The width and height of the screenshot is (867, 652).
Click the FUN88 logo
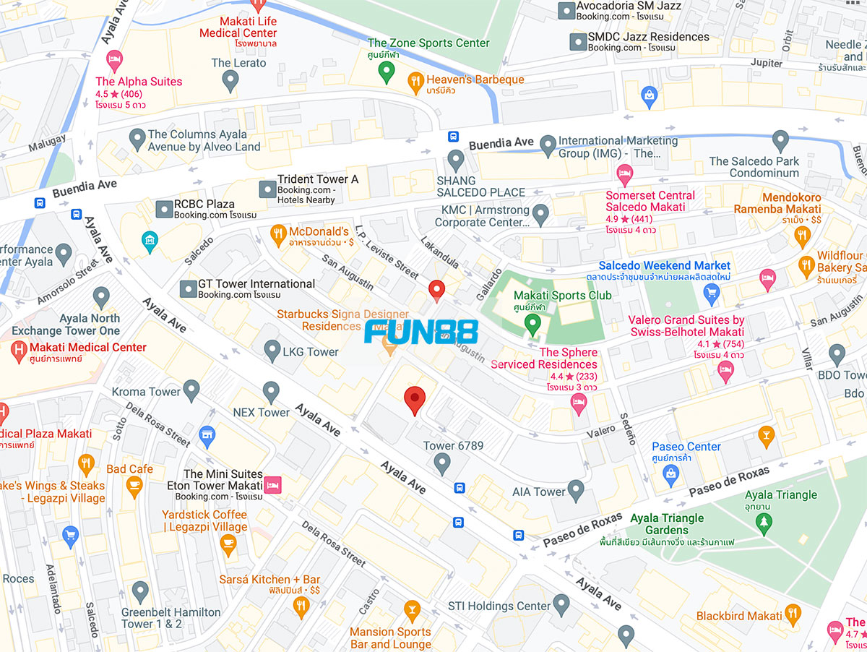coord(420,332)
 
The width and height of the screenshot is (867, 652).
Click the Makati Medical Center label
coord(88,347)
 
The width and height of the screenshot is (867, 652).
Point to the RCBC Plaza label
coord(204,205)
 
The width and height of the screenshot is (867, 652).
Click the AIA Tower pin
coord(576,490)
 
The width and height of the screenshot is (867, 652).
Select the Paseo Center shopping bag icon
coord(671,473)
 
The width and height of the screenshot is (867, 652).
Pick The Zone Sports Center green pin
coord(387,71)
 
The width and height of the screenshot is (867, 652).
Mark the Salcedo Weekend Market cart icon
coord(711,293)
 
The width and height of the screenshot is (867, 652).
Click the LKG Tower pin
coord(272,351)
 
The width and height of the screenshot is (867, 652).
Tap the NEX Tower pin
coord(271,393)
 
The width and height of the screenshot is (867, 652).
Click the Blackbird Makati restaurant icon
coord(793,615)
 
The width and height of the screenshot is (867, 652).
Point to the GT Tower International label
coord(256,284)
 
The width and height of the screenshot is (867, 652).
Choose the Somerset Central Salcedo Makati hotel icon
coord(624,173)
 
